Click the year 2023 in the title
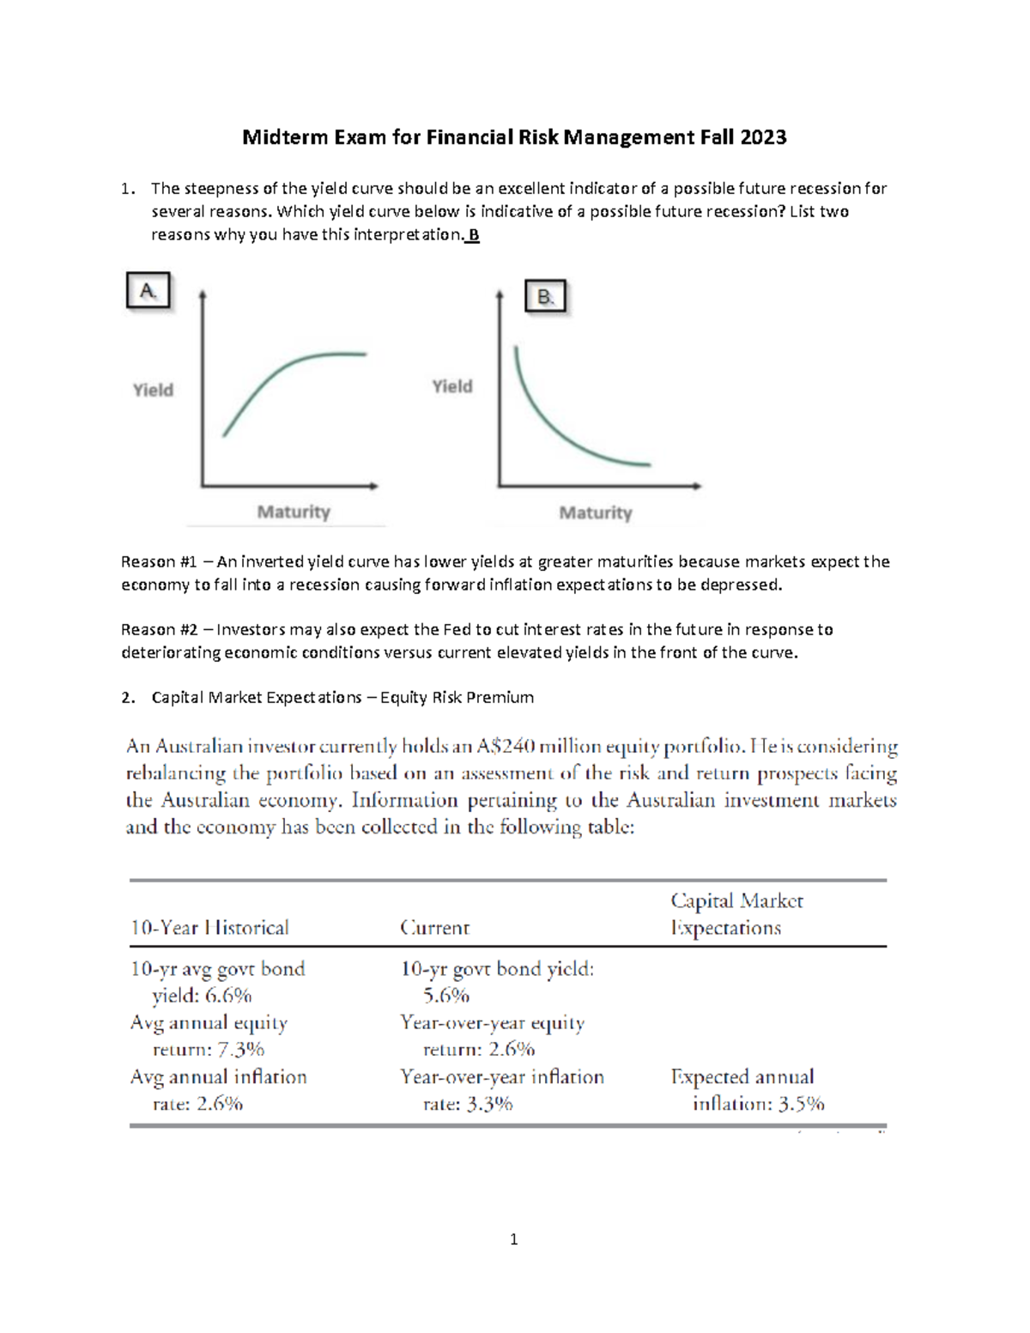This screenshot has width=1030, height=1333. point(763,137)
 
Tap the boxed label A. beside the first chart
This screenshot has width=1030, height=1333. point(148,291)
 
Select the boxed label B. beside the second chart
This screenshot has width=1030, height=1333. point(545,297)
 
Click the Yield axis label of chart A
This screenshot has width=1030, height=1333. point(153,390)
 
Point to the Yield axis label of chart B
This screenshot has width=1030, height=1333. point(452,386)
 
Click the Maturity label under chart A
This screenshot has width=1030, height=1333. point(294,512)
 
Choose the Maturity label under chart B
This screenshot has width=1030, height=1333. point(596,512)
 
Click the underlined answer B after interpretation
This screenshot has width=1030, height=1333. point(474,234)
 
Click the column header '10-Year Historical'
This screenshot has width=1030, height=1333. point(209,928)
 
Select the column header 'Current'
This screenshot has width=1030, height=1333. point(434,928)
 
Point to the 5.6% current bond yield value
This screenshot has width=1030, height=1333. point(446,996)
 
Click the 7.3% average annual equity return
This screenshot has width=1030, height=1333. point(240,1049)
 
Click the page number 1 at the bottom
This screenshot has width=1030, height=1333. point(513,1239)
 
